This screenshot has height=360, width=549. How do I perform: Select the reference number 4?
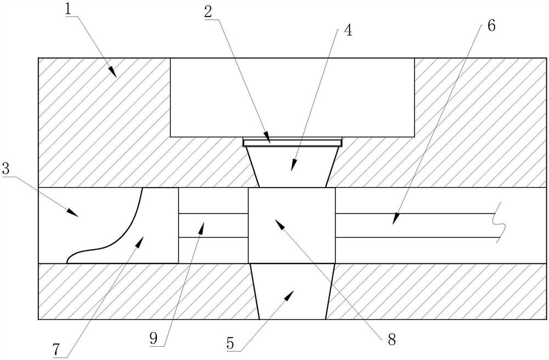pyautogui.click(x=348, y=30)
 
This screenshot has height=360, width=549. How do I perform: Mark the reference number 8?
pyautogui.click(x=391, y=339)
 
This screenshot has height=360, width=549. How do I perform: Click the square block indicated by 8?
pyautogui.click(x=292, y=225)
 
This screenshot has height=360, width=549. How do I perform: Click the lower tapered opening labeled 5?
pyautogui.click(x=292, y=291)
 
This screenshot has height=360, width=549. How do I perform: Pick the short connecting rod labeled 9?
pyautogui.click(x=214, y=225)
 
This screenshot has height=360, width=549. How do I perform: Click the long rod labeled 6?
pyautogui.click(x=417, y=225)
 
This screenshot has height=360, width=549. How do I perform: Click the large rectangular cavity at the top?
pyautogui.click(x=292, y=96)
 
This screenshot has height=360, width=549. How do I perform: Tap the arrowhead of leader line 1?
pyautogui.click(x=113, y=74)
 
